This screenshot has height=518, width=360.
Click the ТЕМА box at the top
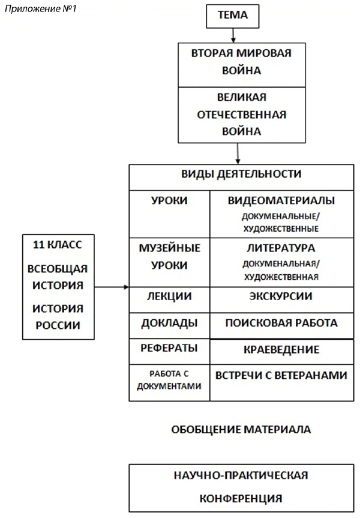pos(233,16)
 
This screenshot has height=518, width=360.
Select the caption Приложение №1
pos(41,8)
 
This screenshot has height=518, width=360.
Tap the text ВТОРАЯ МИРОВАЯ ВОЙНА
pos(241,62)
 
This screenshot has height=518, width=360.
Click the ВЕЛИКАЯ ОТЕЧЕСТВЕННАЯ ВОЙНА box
pos(242,115)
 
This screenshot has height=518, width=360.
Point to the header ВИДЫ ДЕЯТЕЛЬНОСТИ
pos(241,174)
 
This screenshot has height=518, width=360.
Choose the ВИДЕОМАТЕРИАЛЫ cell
pos(282,214)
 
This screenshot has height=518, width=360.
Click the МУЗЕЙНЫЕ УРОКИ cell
pos(169,262)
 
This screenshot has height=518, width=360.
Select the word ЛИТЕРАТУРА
pos(281,248)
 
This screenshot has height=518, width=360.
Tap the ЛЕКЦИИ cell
pos(169,300)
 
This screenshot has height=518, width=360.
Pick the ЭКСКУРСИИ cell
pos(282,300)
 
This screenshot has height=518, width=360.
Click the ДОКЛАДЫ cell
pos(169,325)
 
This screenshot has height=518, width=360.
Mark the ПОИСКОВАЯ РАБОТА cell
pos(282,325)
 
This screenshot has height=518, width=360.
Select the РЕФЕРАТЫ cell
pos(169,352)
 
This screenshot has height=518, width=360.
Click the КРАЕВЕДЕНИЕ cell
pos(282,352)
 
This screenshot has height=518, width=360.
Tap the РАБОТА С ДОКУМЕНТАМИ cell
pos(169,382)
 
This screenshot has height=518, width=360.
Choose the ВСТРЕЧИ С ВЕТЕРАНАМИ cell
pos(282,382)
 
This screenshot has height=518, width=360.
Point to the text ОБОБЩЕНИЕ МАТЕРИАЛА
pos(241,429)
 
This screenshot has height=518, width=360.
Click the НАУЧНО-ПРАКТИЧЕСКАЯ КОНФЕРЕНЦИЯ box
pos(241,488)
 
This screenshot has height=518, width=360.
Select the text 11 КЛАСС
pos(58,245)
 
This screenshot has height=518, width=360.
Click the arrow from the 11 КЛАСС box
pos(112,287)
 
